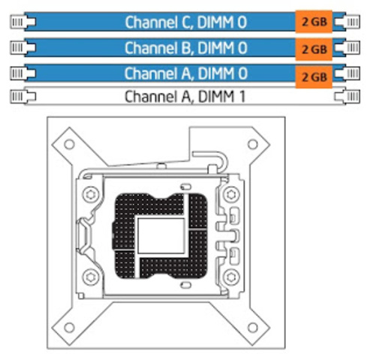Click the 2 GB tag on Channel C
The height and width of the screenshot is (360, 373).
(314, 22)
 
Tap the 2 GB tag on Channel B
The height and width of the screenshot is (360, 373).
(314, 49)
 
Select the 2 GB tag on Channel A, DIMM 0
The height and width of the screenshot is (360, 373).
(314, 77)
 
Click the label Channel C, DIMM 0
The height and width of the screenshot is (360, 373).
(186, 22)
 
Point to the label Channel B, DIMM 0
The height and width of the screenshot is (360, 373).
(186, 48)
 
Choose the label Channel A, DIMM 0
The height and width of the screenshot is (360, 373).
(186, 73)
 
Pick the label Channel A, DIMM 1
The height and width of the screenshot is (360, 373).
(185, 97)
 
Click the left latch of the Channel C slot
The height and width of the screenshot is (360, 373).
(23, 22)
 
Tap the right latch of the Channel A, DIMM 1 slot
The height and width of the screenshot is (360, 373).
(347, 96)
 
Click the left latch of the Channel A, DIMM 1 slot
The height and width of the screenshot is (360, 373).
(23, 96)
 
